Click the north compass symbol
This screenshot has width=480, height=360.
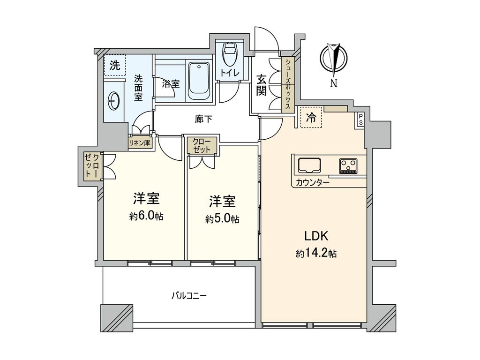click(334, 59)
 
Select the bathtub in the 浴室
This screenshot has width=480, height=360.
click(199, 80)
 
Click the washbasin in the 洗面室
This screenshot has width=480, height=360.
click(113, 99)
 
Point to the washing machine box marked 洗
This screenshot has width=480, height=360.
click(115, 66)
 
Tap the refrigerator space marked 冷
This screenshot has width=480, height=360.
click(310, 118)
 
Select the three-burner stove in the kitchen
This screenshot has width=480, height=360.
click(348, 165)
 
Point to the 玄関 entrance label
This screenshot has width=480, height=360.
click(262, 85)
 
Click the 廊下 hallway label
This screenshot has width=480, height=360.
click(203, 119)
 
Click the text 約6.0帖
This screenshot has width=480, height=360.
click(146, 217)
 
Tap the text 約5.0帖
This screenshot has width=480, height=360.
click(222, 219)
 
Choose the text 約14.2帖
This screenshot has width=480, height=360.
click(316, 254)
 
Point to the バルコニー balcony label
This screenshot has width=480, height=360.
click(189, 296)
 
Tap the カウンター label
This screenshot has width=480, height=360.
click(312, 183)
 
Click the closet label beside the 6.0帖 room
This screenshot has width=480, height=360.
click(92, 165)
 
